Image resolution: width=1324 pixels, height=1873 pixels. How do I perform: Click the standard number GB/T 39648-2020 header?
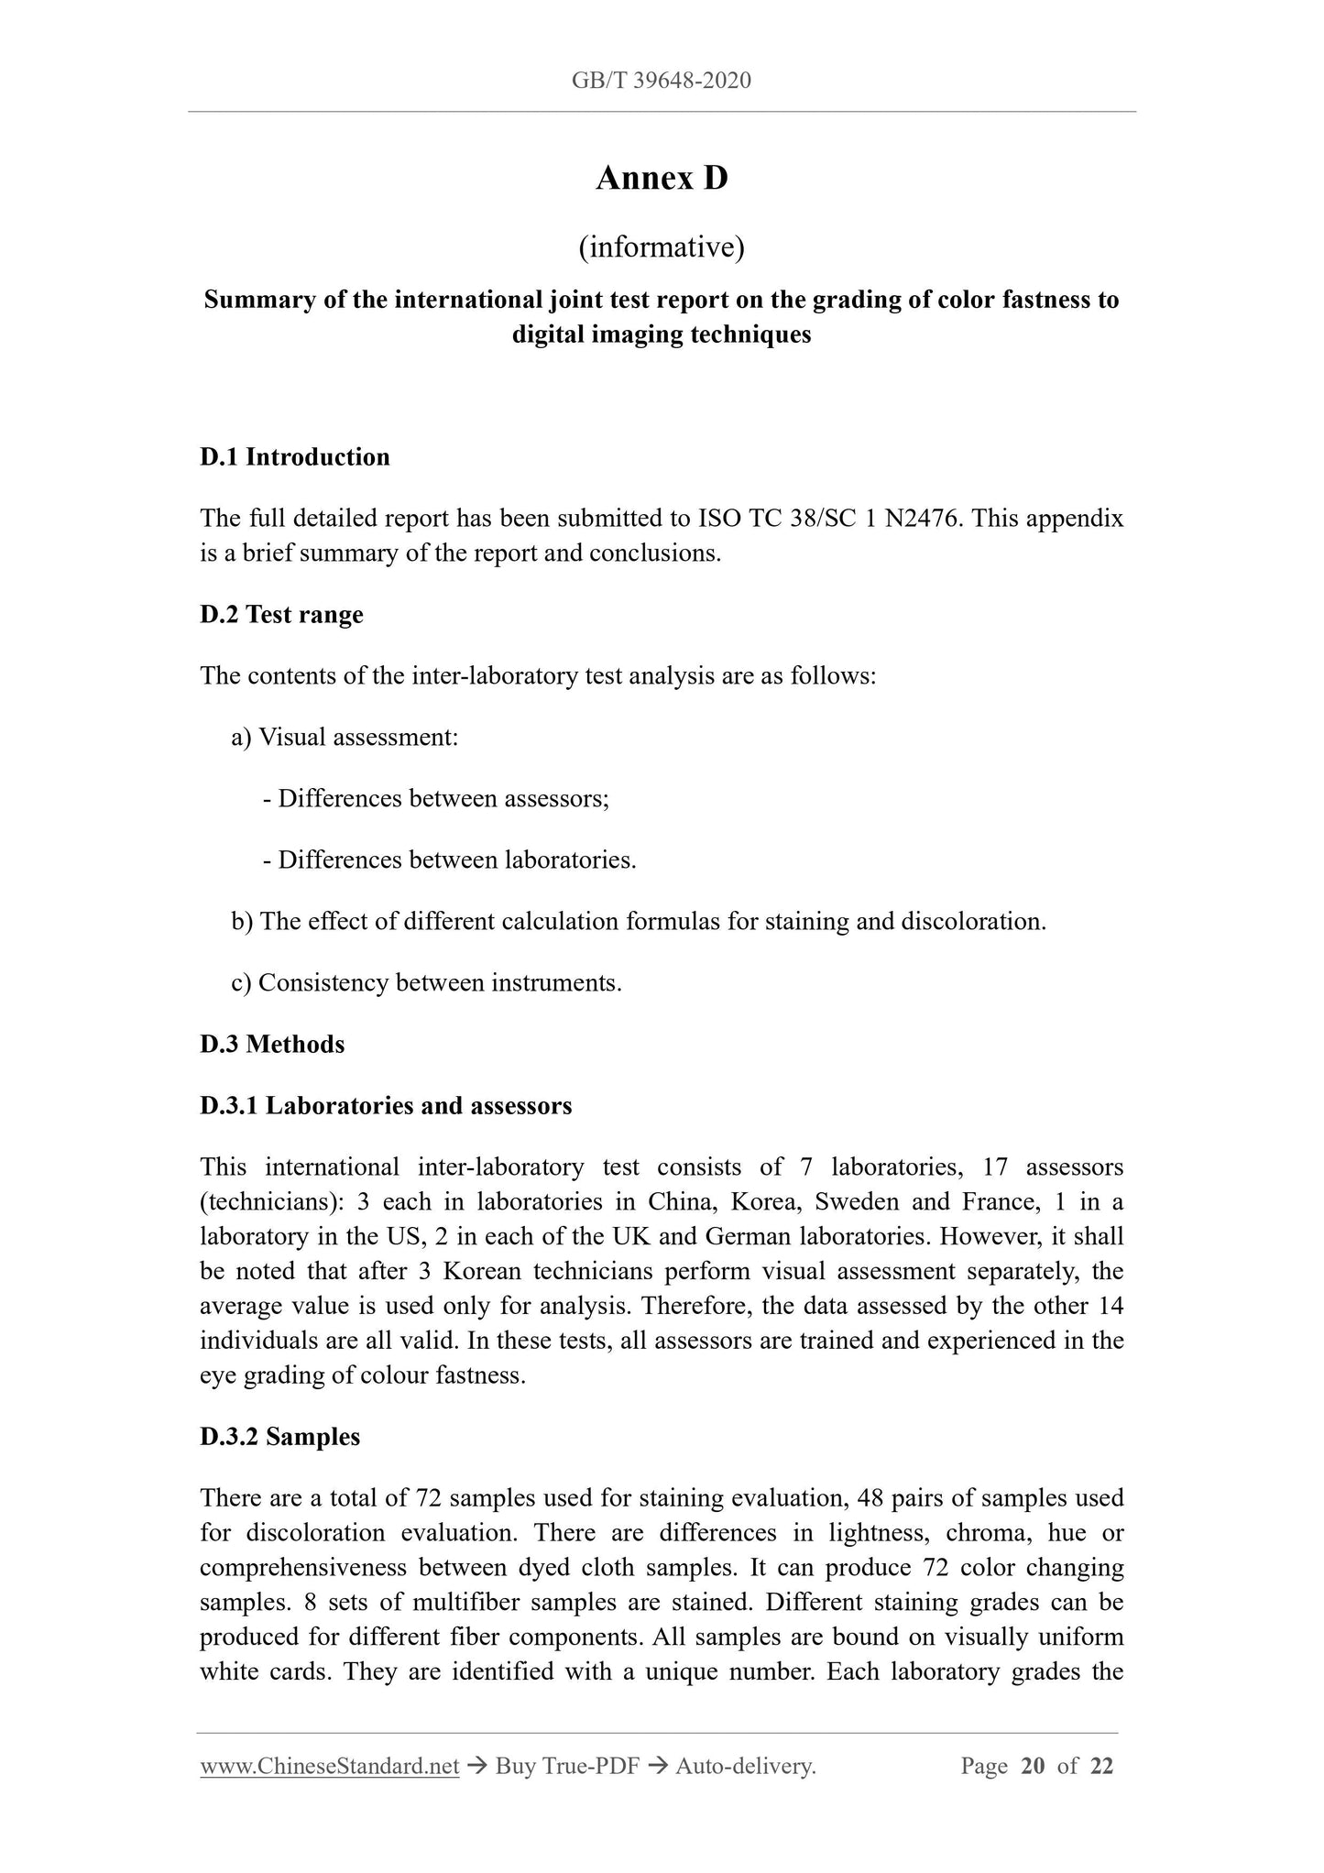click(661, 81)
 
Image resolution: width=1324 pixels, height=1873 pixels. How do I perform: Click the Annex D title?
click(662, 179)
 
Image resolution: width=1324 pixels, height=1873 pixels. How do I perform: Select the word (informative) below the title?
click(662, 247)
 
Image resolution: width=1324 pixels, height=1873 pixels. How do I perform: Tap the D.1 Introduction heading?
click(295, 457)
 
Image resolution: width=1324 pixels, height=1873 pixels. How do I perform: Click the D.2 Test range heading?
click(281, 614)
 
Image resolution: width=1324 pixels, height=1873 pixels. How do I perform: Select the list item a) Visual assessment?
click(345, 737)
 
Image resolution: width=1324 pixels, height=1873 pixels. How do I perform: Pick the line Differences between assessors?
click(436, 798)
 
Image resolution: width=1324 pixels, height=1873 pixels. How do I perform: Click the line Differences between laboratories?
click(449, 860)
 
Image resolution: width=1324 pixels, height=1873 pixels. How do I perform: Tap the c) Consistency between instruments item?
click(427, 982)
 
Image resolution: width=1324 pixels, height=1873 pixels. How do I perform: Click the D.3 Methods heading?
click(272, 1044)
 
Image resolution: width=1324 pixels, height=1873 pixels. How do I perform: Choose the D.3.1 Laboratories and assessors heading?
click(386, 1106)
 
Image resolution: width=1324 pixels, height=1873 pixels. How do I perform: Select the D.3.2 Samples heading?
click(280, 1437)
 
